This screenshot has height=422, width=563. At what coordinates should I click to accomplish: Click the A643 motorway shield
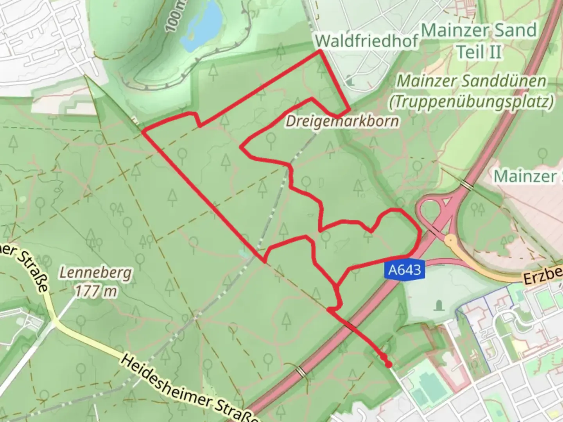click(405, 270)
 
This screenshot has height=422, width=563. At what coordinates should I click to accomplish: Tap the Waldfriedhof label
click(366, 41)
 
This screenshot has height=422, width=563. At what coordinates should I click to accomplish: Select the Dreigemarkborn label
click(342, 121)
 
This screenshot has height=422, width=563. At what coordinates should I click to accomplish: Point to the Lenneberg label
click(95, 273)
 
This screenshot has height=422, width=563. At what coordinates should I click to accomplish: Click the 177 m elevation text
click(96, 291)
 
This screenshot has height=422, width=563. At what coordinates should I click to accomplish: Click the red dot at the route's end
click(388, 365)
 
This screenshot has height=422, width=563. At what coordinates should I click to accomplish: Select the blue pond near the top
click(203, 26)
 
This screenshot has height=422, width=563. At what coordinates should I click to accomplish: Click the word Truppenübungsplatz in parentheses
click(472, 102)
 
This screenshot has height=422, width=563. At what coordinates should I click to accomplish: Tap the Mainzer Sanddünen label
click(472, 81)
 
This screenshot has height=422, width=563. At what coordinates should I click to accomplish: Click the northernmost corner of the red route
click(320, 51)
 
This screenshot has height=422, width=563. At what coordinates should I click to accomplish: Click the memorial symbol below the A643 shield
click(439, 304)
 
